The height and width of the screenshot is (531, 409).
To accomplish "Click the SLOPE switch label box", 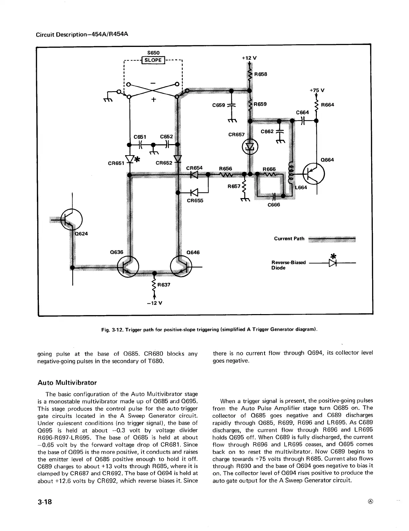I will tap(153, 60).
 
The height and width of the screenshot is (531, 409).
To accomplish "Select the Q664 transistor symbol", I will tap(314, 174).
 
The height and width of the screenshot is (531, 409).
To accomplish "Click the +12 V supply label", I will tap(249, 58).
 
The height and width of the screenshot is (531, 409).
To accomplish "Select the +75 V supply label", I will tap(316, 90).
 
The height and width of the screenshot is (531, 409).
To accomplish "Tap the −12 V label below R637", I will tap(155, 303).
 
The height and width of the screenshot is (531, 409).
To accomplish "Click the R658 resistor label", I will tap(260, 74).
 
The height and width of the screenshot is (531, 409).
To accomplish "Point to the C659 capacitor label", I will tap(219, 105).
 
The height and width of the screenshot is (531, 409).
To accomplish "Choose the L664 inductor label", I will tap(301, 187).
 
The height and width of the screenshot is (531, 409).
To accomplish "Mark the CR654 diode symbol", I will tap(194, 174).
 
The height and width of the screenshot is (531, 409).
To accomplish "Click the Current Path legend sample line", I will tap(331, 239).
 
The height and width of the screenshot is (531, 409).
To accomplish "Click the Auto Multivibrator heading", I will tap(67, 382).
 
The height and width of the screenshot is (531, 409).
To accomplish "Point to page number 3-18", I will tap(45, 502).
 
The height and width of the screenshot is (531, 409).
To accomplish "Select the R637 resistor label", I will tap(164, 285).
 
